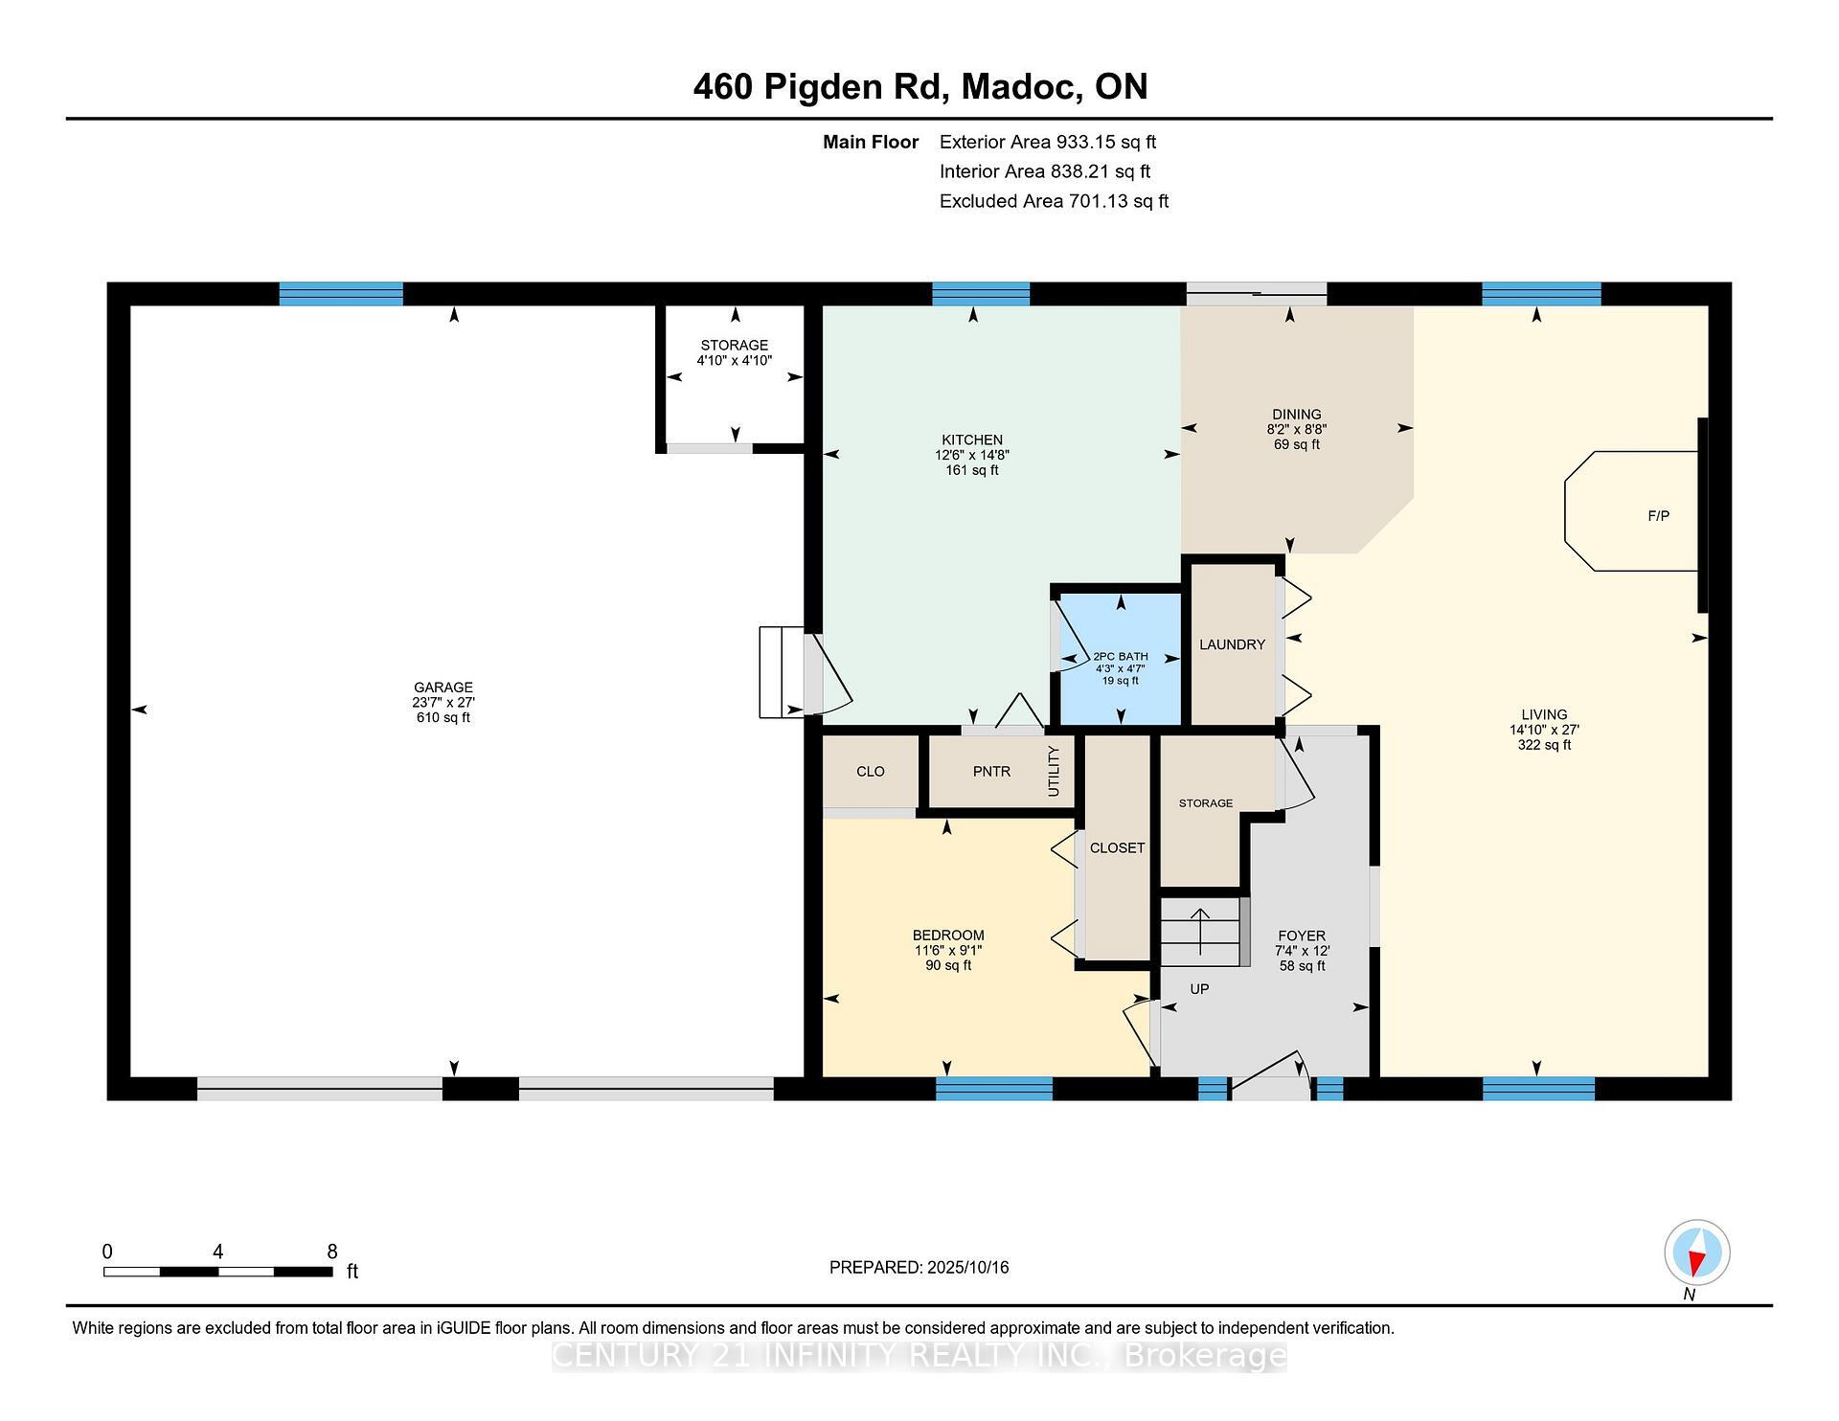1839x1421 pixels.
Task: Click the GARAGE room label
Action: click(x=443, y=688)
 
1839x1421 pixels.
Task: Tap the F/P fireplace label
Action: click(x=1658, y=516)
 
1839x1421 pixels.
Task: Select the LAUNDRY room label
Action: click(x=1232, y=644)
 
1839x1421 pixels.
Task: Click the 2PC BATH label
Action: click(x=1120, y=657)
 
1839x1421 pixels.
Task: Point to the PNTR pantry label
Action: click(x=991, y=772)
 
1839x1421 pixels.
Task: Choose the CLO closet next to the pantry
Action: click(x=870, y=772)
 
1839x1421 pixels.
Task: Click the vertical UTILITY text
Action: click(x=1054, y=771)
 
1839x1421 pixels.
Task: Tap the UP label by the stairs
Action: click(x=1199, y=989)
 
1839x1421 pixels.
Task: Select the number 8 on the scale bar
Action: click(x=332, y=1252)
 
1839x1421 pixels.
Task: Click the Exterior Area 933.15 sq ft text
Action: click(x=1047, y=143)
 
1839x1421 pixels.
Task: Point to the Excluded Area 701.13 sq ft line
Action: click(x=1054, y=201)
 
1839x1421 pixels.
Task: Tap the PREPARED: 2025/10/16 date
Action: click(x=919, y=1268)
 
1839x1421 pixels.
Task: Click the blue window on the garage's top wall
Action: click(x=341, y=294)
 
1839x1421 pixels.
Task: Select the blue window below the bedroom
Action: click(x=993, y=1089)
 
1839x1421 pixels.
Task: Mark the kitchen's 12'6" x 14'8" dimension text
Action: click(x=972, y=456)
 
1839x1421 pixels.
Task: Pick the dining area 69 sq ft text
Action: click(x=1296, y=445)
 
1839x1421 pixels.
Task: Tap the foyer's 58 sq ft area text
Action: click(x=1302, y=966)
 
